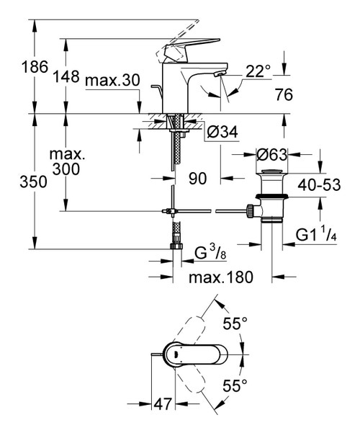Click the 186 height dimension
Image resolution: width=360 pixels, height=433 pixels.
click(x=16, y=68)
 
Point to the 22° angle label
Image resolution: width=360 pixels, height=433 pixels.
click(x=257, y=71)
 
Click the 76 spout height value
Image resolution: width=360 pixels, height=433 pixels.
click(x=285, y=94)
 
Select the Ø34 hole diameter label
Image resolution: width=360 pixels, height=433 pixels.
click(x=222, y=131)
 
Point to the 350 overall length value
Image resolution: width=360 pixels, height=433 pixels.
click(x=16, y=182)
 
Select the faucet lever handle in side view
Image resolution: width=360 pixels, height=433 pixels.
click(x=176, y=49)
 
